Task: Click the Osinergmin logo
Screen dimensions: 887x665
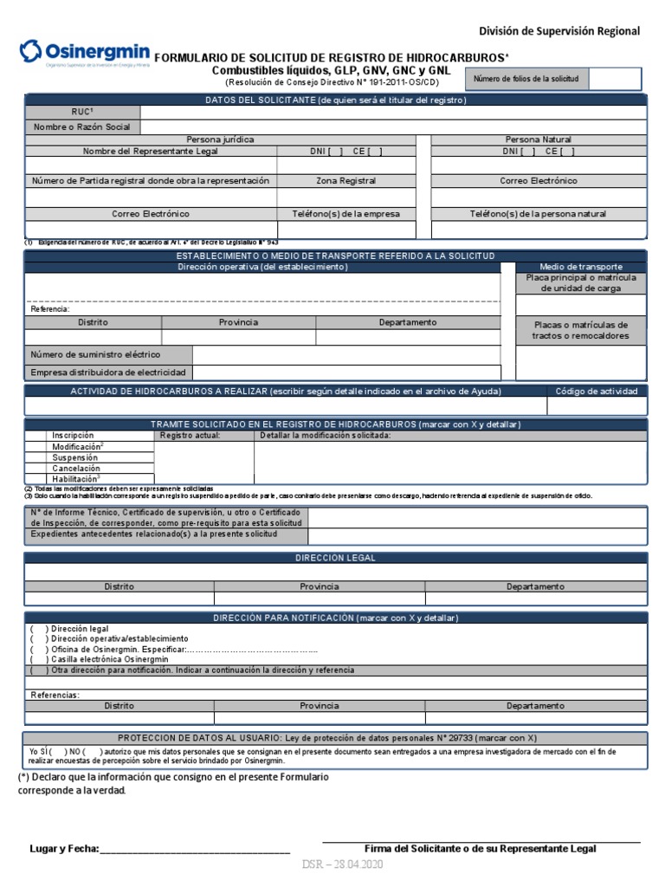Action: [x=84, y=53]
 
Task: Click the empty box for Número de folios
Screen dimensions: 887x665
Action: [x=615, y=79]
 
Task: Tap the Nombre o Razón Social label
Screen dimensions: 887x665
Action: [x=82, y=127]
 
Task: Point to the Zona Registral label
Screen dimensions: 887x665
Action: [x=345, y=181]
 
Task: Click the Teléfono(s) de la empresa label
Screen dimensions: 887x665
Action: [x=345, y=214]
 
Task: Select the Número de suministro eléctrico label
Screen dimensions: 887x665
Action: [x=95, y=354]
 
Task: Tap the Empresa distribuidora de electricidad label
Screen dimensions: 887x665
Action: [x=108, y=372]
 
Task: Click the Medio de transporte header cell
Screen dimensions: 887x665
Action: [x=581, y=267]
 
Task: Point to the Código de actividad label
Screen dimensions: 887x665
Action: [x=597, y=392]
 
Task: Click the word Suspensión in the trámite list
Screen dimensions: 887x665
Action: [x=76, y=457]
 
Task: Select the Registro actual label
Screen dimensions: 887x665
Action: [x=190, y=436]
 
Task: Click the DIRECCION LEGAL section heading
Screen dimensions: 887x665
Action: [x=335, y=559]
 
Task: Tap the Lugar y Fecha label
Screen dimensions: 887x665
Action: [x=64, y=849]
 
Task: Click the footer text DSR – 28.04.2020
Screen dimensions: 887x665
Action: [x=342, y=865]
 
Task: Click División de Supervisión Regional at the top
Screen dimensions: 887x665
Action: [x=559, y=31]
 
